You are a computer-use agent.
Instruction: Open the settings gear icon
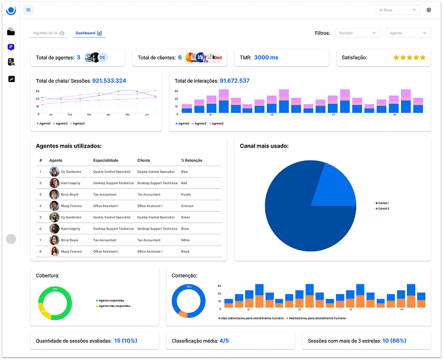click(429, 10)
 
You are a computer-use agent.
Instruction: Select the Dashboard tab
click(89, 33)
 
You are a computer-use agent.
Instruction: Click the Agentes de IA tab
click(49, 33)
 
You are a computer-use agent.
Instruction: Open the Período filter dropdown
click(358, 33)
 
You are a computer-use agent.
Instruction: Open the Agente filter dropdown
click(409, 33)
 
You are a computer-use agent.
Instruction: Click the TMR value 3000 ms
click(266, 57)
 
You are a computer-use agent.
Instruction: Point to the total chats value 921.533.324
click(109, 80)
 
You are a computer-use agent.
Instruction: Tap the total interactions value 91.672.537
click(234, 80)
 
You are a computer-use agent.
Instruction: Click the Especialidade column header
click(106, 160)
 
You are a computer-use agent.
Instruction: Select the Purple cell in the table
click(186, 194)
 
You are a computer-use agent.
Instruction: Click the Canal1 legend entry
click(383, 204)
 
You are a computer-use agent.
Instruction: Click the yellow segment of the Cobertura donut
click(41, 309)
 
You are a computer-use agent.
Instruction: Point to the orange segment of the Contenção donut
click(183, 314)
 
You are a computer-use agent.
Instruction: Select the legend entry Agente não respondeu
click(115, 306)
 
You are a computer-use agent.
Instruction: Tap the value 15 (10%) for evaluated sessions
click(125, 341)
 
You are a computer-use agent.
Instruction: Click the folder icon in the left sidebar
click(11, 32)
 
